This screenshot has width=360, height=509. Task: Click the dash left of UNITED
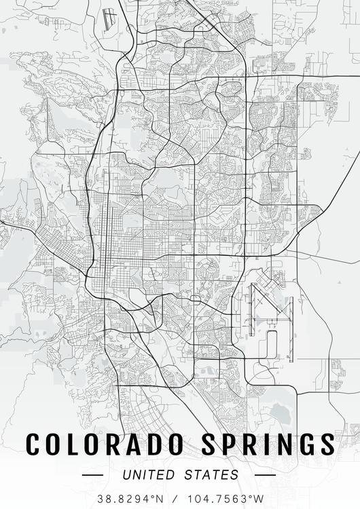[x=92, y=475]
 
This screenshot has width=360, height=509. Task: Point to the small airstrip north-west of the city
[x=109, y=19]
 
